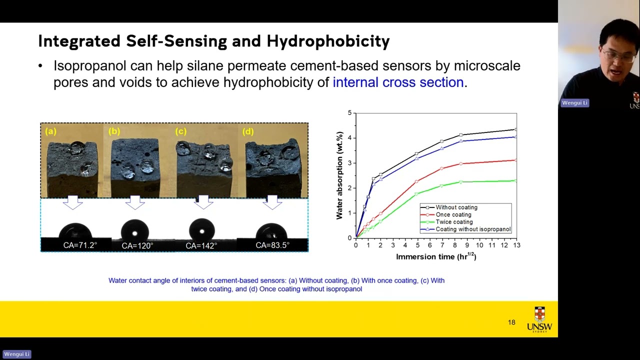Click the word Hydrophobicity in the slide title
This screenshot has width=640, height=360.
click(x=328, y=41)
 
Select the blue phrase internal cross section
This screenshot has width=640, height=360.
click(x=398, y=82)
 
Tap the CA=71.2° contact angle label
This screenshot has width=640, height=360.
click(x=80, y=245)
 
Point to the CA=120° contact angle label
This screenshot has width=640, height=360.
click(x=137, y=246)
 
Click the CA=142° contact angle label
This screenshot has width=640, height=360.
click(x=201, y=246)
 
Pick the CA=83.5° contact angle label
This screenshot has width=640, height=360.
click(x=272, y=245)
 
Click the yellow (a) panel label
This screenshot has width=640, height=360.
click(x=50, y=131)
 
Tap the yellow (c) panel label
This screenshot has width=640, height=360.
click(x=180, y=131)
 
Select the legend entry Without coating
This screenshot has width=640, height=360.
click(x=456, y=207)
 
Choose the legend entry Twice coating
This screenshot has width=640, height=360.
click(x=454, y=222)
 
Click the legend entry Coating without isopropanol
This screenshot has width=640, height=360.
click(x=472, y=229)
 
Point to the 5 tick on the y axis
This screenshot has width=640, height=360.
click(x=349, y=113)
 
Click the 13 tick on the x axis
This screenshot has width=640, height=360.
click(x=516, y=245)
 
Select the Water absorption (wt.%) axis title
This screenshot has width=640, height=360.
click(x=339, y=175)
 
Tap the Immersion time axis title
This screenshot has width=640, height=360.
click(x=435, y=257)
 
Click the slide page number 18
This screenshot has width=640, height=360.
click(x=511, y=322)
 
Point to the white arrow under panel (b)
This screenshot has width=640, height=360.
click(x=135, y=202)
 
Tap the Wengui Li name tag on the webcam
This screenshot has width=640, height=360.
click(x=574, y=103)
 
